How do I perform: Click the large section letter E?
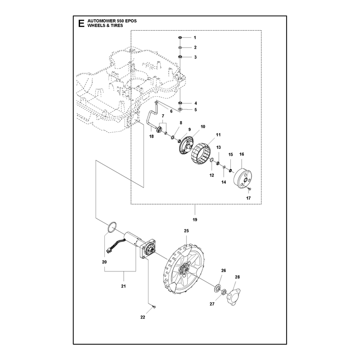(x=81, y=23)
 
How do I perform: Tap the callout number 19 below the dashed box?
(x=195, y=220)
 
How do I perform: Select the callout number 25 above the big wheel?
(x=186, y=230)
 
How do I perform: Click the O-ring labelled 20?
(x=112, y=227)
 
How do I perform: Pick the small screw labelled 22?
(x=154, y=307)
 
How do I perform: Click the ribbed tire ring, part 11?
(x=201, y=154)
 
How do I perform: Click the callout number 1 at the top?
(x=195, y=38)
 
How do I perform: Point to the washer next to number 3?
(x=180, y=57)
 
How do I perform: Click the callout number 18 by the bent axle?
(x=151, y=136)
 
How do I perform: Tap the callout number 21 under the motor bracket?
(x=123, y=286)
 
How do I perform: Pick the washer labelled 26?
(x=217, y=288)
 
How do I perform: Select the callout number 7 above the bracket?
(x=163, y=116)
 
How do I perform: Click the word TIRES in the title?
(x=117, y=26)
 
